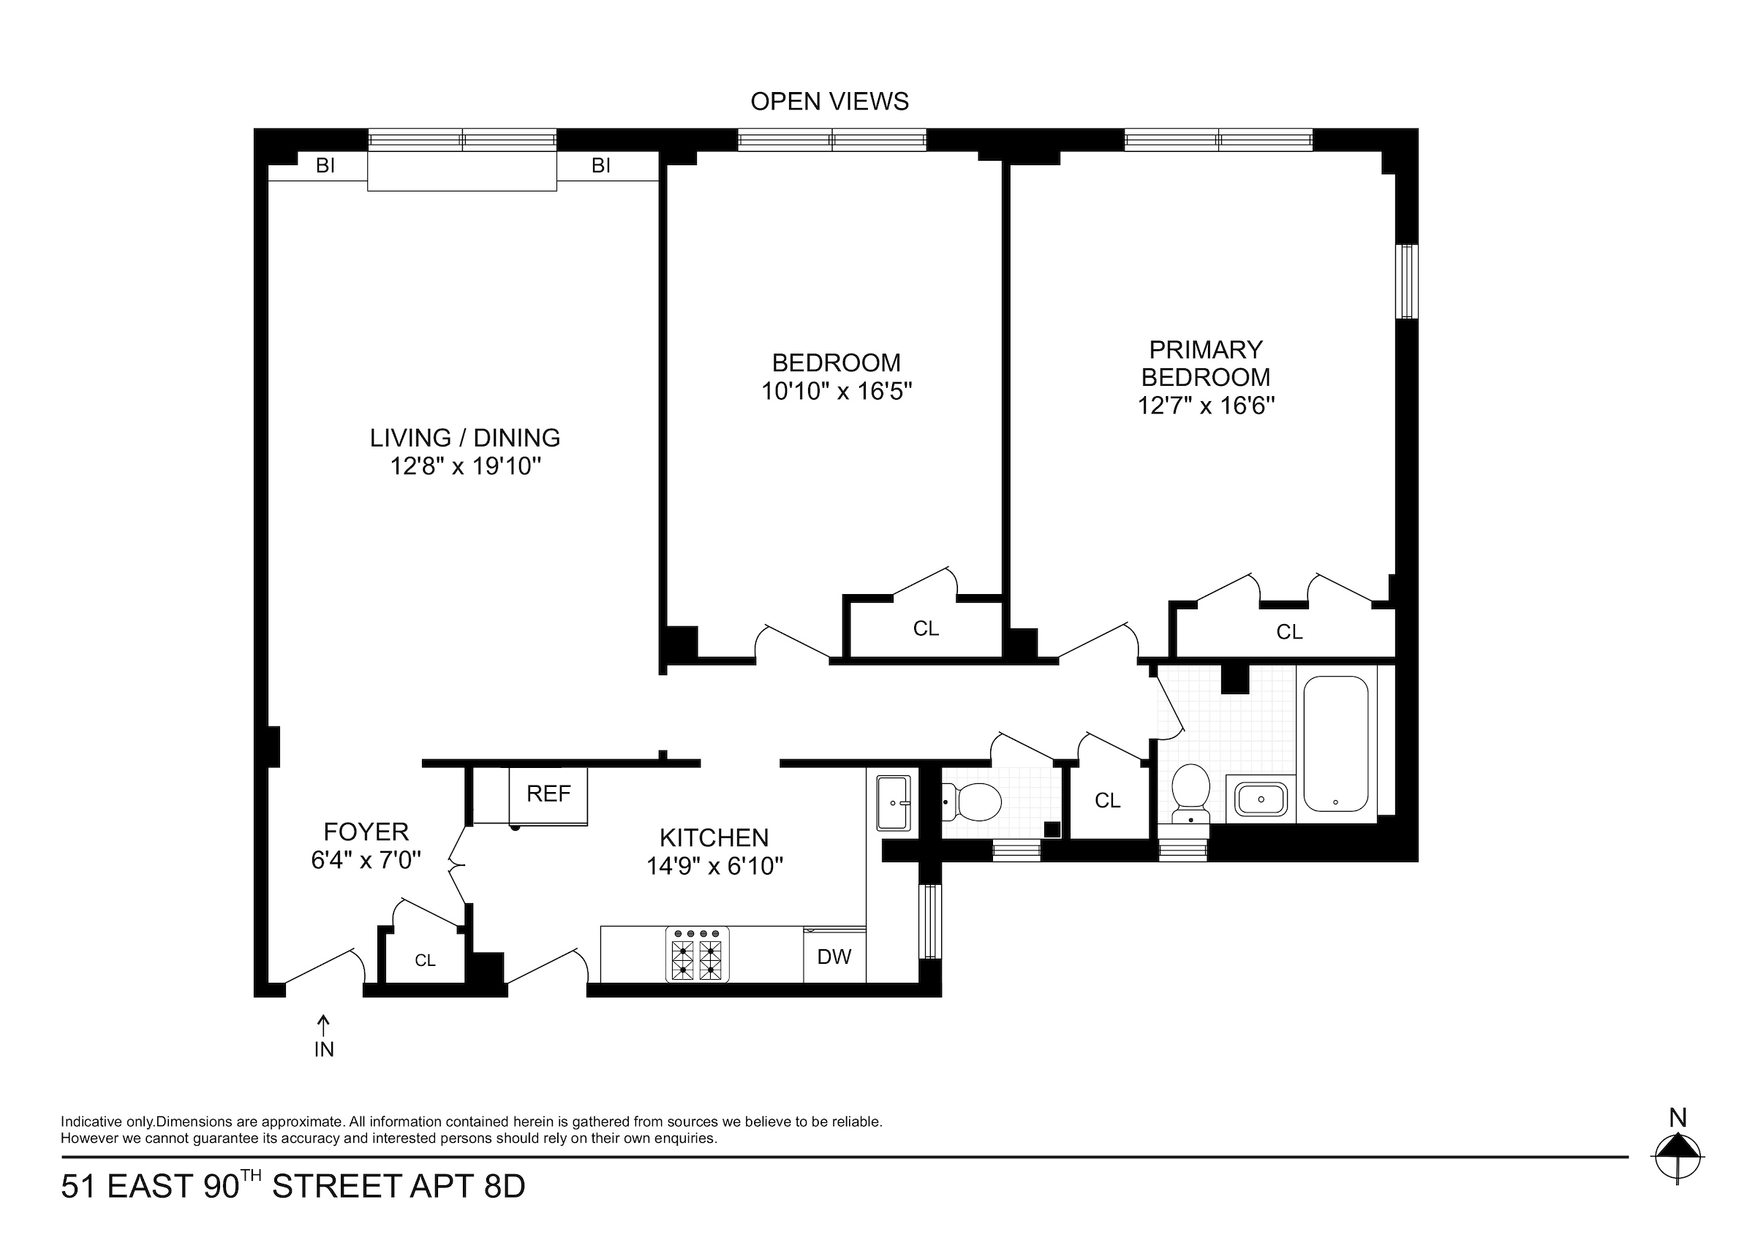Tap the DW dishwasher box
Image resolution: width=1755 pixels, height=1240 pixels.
click(834, 956)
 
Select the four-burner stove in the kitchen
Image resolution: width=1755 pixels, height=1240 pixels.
click(697, 955)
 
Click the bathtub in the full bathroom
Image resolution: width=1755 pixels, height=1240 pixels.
click(1335, 743)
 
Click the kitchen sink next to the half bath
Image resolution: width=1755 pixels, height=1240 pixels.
click(893, 803)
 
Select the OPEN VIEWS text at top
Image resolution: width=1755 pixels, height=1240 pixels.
click(829, 102)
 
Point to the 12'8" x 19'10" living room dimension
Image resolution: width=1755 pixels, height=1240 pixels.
click(466, 466)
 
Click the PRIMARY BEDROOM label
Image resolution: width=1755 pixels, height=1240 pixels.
click(1205, 364)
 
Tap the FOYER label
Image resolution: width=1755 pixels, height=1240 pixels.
click(366, 832)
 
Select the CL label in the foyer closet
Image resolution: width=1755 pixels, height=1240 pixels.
click(425, 960)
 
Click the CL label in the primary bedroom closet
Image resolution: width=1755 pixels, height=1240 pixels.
click(1288, 632)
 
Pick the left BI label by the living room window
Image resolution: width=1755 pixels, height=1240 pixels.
click(325, 166)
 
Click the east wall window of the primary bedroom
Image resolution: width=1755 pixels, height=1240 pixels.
click(1405, 281)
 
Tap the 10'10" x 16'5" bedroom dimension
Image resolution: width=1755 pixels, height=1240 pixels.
click(837, 392)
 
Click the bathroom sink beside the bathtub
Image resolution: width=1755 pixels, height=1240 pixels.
click(1261, 800)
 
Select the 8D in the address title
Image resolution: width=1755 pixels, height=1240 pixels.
click(505, 1187)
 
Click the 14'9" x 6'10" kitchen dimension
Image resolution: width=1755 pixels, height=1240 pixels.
click(714, 867)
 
